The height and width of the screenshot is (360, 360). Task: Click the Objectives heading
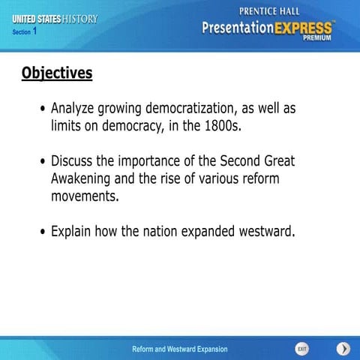pos(57,73)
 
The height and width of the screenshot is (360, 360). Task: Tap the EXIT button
pos(301,349)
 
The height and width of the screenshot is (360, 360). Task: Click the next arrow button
pos(343,349)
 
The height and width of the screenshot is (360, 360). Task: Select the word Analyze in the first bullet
pos(78,108)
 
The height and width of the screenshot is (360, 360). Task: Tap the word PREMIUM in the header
pos(319,35)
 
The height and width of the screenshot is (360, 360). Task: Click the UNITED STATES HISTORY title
pos(55,19)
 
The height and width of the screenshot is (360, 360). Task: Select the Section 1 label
pos(25,31)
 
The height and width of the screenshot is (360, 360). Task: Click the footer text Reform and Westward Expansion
pos(179,349)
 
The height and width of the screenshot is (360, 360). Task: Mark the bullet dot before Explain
pos(43,232)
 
